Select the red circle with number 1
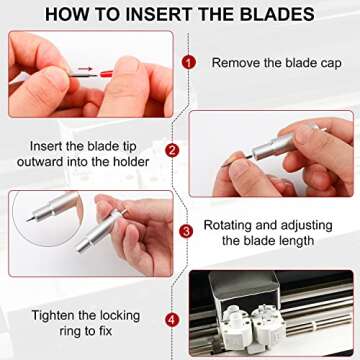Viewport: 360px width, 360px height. [189, 61]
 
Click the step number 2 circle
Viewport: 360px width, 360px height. [172, 151]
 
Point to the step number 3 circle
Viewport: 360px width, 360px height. [186, 231]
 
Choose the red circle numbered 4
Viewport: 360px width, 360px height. [173, 320]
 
